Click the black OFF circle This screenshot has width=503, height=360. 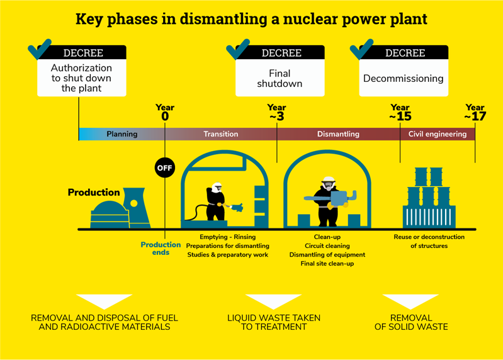click(x=164, y=168)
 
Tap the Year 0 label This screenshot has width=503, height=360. click(x=165, y=112)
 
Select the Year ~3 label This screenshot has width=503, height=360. click(x=276, y=112)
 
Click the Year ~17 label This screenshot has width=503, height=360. click(x=475, y=112)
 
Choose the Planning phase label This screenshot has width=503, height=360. click(x=122, y=134)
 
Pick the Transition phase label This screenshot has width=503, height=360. click(x=220, y=134)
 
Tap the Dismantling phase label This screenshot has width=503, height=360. click(x=338, y=134)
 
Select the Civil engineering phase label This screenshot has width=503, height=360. click(x=438, y=134)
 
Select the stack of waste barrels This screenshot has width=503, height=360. click(x=429, y=196)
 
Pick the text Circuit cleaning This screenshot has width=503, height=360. click(x=327, y=246)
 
